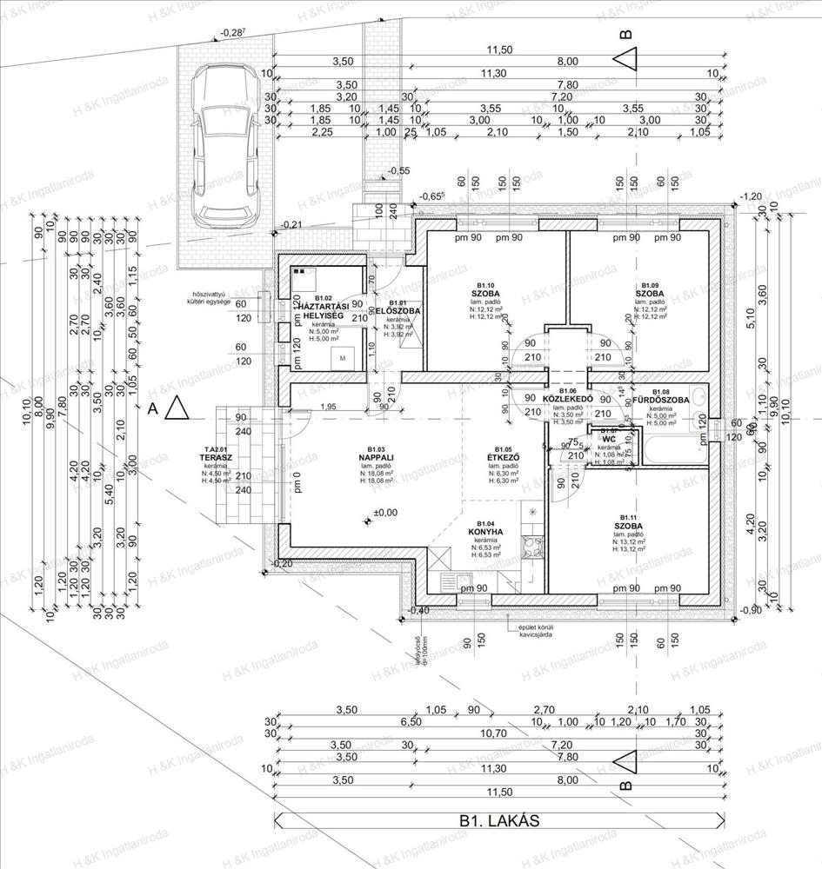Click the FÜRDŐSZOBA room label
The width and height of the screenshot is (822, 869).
[659, 400]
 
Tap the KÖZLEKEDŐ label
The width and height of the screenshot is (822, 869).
[567, 399]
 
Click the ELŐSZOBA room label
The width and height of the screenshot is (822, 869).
[398, 310]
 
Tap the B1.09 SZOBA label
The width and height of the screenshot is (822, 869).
[649, 294]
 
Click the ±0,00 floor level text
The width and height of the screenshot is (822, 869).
[384, 513]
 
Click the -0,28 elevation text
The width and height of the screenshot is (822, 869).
[232, 32]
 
